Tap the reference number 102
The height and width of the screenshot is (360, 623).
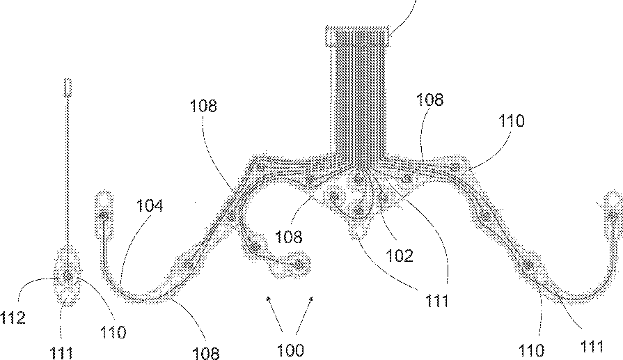coord(400,256)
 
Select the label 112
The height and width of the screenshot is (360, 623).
coord(13,319)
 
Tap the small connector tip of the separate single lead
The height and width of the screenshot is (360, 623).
coord(68,88)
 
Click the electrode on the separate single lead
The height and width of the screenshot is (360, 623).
coord(68,277)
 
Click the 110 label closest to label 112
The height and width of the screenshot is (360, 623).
coord(112,333)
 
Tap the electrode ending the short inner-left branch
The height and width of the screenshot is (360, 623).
coord(300,263)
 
